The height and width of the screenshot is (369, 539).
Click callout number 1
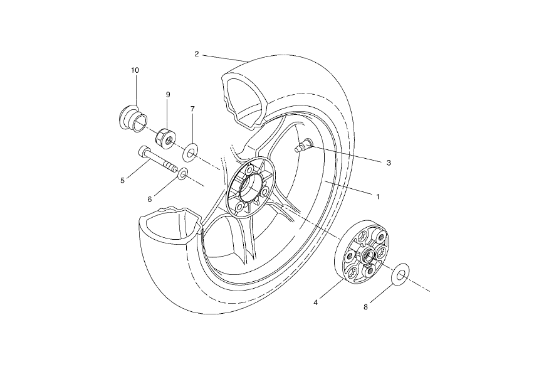[x=377, y=196]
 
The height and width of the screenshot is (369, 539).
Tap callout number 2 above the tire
[x=197, y=54]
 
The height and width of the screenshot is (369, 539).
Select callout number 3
[x=389, y=163]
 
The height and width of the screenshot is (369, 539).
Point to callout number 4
[x=317, y=302]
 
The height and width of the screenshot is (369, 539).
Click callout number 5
[x=123, y=181]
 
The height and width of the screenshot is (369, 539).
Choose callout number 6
[x=150, y=199]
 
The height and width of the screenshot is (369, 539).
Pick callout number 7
[x=192, y=109]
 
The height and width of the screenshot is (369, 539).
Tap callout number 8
[x=366, y=307]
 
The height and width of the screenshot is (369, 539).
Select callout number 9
[x=168, y=94]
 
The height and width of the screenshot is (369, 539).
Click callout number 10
[x=135, y=70]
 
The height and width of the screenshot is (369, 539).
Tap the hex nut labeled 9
[x=165, y=136]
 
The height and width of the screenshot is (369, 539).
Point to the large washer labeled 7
[x=190, y=152]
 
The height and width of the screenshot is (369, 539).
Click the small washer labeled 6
[x=182, y=173]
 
